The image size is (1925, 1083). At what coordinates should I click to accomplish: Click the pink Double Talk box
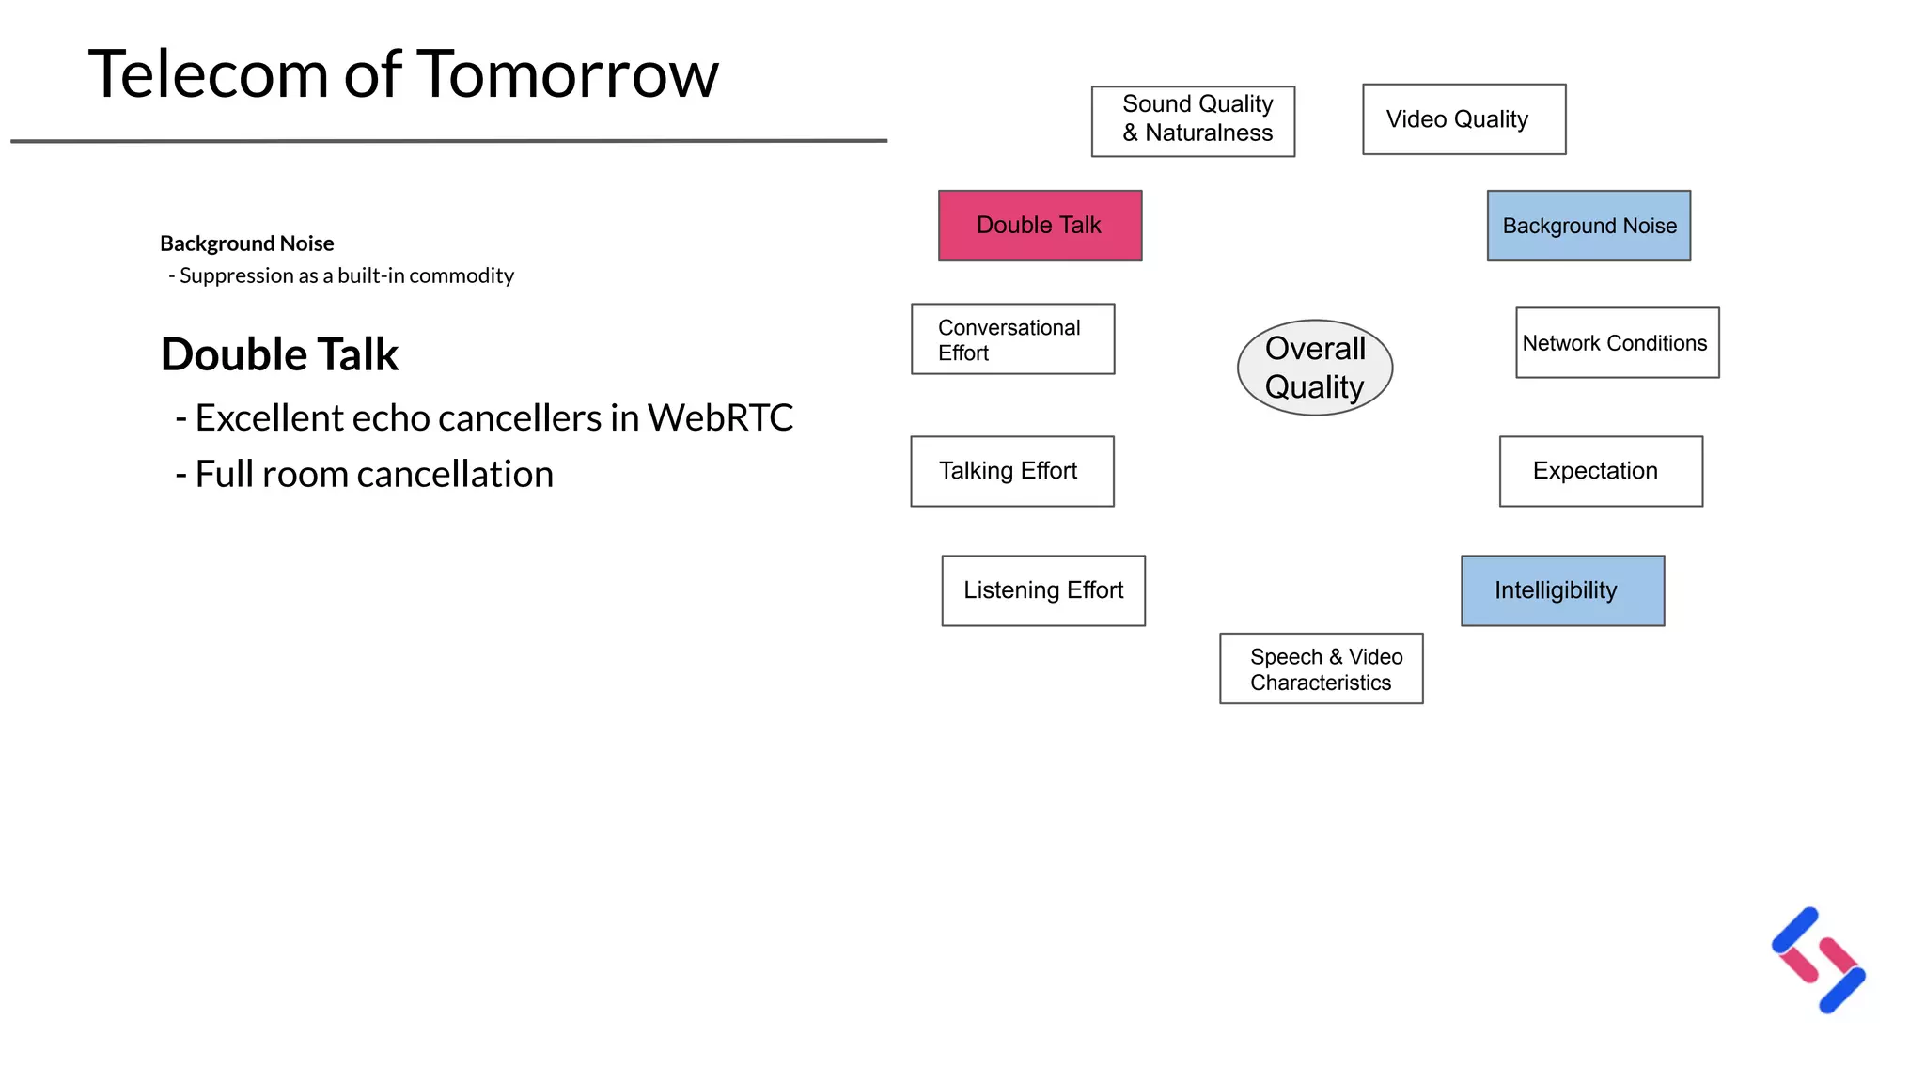pos(1040,226)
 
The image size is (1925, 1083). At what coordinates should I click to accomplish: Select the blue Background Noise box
pos(1589,226)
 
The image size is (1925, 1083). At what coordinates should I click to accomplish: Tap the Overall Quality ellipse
pos(1314,368)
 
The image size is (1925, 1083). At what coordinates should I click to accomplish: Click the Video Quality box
pos(1463,119)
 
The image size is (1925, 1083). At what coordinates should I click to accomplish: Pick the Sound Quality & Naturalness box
pos(1193,121)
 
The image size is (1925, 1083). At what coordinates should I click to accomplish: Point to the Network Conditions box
pos(1617,343)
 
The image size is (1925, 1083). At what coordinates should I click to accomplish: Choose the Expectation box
pos(1600,471)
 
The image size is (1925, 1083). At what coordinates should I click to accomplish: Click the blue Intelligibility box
pos(1562,590)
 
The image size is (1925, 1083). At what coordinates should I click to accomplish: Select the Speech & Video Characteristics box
pos(1321,668)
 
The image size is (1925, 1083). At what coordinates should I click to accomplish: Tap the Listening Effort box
pos(1043,590)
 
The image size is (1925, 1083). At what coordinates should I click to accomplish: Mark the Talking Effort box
pos(1011,471)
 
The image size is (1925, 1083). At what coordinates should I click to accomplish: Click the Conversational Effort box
pos(1012,339)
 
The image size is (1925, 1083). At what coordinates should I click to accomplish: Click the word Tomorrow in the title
pos(567,75)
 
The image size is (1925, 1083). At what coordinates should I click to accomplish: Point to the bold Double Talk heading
pos(279,355)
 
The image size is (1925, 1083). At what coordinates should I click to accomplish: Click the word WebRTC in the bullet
pos(720,418)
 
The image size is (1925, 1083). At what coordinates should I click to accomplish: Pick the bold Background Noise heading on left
pos(246,243)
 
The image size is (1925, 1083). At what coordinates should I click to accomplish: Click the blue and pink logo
pos(1818,960)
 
